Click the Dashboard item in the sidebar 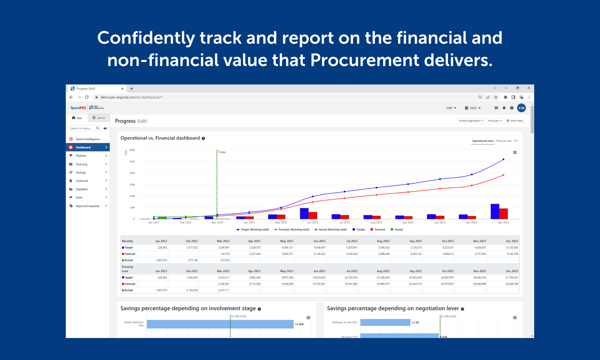tap(83, 147)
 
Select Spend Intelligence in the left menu tap(88, 139)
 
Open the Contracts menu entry tap(82, 181)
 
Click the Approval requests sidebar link tap(88, 206)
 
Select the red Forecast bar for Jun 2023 tap(313, 215)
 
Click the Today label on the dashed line tap(222, 152)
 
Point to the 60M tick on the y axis tap(132, 150)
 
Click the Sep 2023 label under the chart tap(408, 222)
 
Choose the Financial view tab tap(504, 141)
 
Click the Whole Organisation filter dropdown tap(471, 121)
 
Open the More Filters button tap(515, 121)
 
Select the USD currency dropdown tap(451, 108)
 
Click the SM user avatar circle tap(521, 108)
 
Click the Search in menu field tap(82, 128)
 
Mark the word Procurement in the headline tap(364, 60)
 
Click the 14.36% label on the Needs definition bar tap(299, 324)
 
